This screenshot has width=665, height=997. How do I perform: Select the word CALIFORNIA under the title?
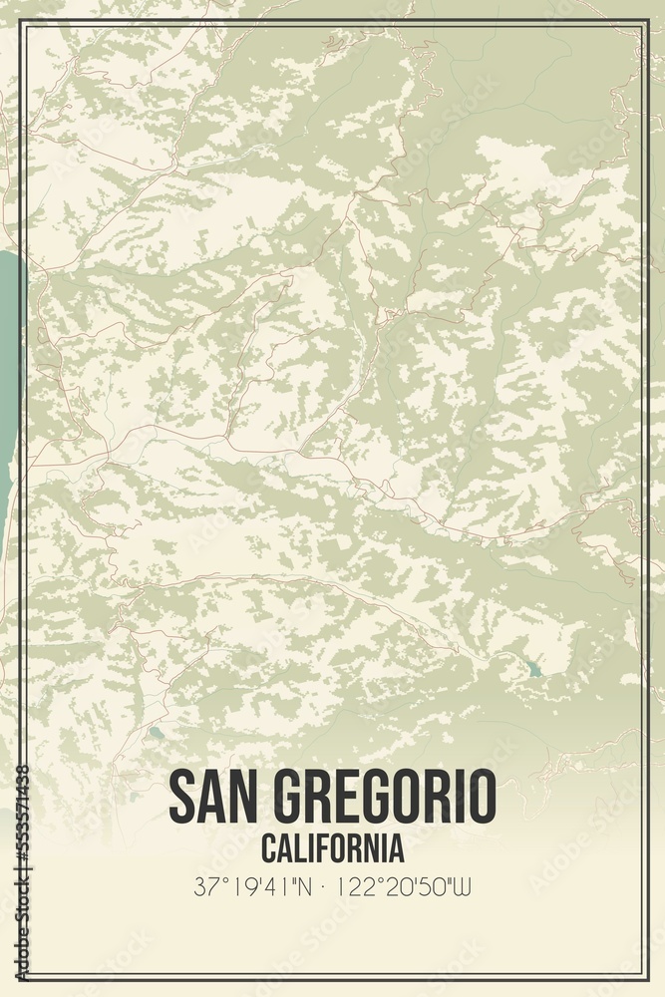pos(333,849)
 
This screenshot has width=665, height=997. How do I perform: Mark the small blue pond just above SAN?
pos(157,734)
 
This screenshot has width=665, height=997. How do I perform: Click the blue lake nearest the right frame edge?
pos(534,669)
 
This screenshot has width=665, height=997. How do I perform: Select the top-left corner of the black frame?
pos(19,20)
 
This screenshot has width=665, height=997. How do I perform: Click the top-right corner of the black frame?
pos(648,20)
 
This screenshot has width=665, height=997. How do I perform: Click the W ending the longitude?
pos(463,886)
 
